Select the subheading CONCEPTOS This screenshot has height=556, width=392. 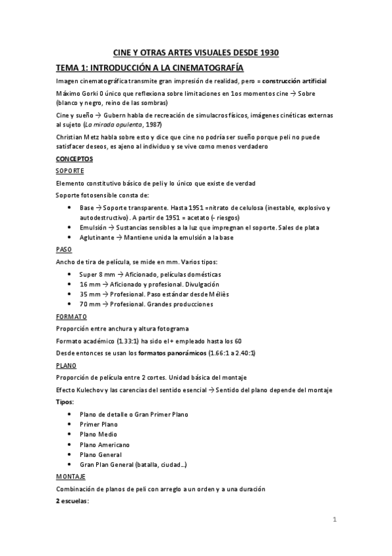74,159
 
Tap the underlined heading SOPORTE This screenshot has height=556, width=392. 70,170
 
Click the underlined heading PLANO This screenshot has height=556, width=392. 67,365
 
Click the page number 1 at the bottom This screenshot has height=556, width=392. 334,521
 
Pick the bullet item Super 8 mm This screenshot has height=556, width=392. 97,273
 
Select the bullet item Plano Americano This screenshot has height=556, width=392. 105,445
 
